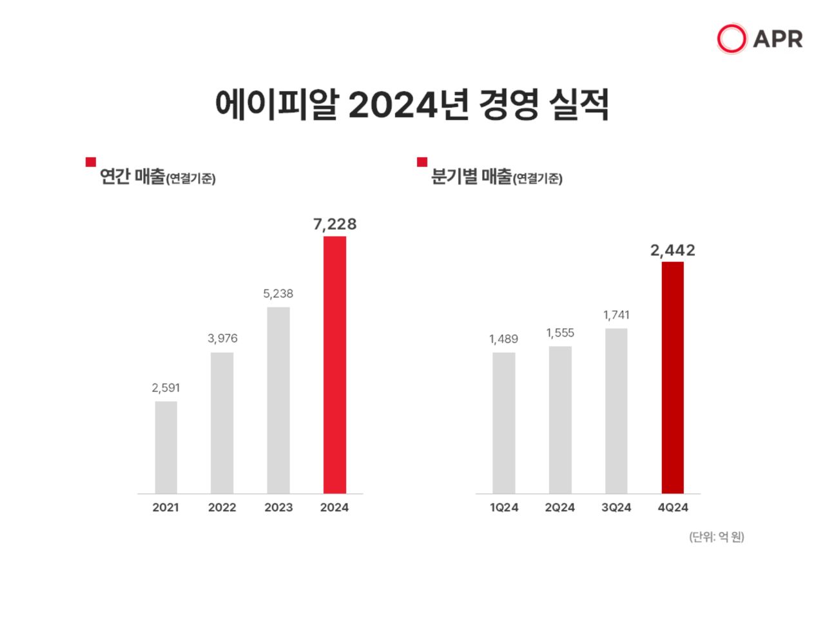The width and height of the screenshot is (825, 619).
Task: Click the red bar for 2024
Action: tap(335, 365)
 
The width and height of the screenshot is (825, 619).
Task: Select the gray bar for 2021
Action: tap(166, 447)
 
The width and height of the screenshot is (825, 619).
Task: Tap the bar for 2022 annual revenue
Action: tap(222, 423)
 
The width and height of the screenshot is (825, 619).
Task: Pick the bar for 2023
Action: tap(278, 400)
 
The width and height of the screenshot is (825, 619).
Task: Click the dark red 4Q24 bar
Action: tap(672, 378)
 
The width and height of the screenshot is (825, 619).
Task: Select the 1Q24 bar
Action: tap(503, 423)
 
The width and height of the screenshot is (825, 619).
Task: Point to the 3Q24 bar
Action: tap(616, 411)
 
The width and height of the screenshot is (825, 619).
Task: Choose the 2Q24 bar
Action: tap(560, 420)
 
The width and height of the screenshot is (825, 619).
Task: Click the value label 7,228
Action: tap(335, 224)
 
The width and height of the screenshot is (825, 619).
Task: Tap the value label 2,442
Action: tap(672, 250)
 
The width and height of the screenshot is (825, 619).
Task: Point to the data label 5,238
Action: tap(278, 293)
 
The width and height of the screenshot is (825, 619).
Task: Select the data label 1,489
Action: tap(503, 339)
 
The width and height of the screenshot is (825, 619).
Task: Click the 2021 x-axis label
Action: tap(166, 507)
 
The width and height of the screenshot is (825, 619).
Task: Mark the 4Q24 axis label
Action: tap(672, 507)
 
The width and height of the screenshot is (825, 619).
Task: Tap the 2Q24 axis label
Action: tap(559, 507)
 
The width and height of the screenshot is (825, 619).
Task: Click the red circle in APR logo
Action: tap(732, 39)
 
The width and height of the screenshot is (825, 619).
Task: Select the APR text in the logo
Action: tap(778, 39)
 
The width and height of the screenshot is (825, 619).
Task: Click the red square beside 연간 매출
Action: tap(91, 162)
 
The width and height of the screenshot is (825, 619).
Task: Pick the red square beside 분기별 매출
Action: tap(422, 162)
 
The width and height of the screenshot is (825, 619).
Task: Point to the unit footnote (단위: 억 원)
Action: tap(716, 536)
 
